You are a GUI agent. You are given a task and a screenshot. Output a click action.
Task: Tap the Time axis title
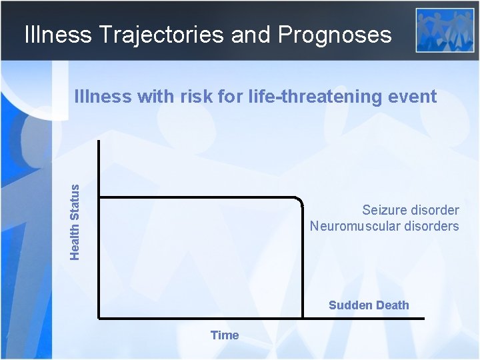click(x=225, y=335)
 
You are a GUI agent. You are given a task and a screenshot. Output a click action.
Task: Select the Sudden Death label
click(x=369, y=305)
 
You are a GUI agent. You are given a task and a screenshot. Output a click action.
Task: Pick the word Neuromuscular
click(x=351, y=226)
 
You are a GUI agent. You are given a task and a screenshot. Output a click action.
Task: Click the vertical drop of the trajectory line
click(x=302, y=260)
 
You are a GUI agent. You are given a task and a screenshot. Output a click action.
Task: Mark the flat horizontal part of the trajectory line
click(x=200, y=197)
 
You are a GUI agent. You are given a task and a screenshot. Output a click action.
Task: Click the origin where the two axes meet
click(x=99, y=318)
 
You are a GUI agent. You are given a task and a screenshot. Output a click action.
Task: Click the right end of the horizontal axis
click(x=422, y=318)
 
